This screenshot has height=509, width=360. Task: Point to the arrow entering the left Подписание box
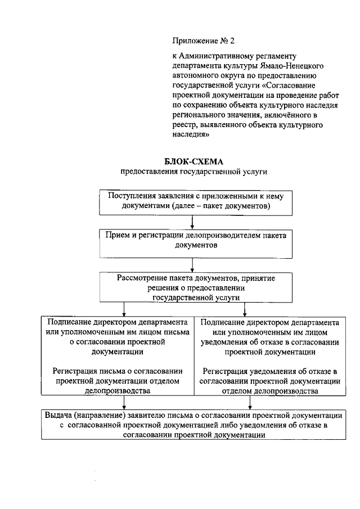[x=121, y=310]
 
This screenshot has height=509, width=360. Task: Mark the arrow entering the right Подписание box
[x=245, y=310]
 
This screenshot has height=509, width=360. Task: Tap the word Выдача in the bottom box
[x=58, y=415]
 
